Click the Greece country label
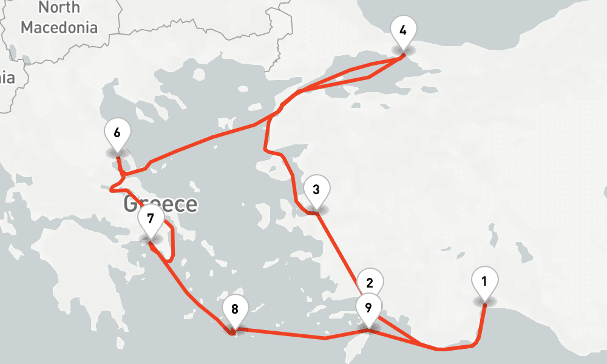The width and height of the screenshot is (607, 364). pyautogui.click(x=160, y=204)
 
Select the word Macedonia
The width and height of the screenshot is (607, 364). pyautogui.click(x=59, y=27)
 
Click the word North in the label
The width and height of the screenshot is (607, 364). pyautogui.click(x=59, y=8)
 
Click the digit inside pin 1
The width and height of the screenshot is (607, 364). pyautogui.click(x=484, y=281)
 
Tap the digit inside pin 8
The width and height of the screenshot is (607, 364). pyautogui.click(x=234, y=307)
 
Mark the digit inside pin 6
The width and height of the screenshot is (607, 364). pyautogui.click(x=117, y=132)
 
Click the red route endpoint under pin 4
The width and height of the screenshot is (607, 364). pyautogui.click(x=404, y=55)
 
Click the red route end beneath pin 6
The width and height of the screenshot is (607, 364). pyautogui.click(x=118, y=157)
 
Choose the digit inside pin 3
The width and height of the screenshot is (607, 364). pyautogui.click(x=316, y=189)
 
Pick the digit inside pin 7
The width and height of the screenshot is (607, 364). pyautogui.click(x=150, y=218)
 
